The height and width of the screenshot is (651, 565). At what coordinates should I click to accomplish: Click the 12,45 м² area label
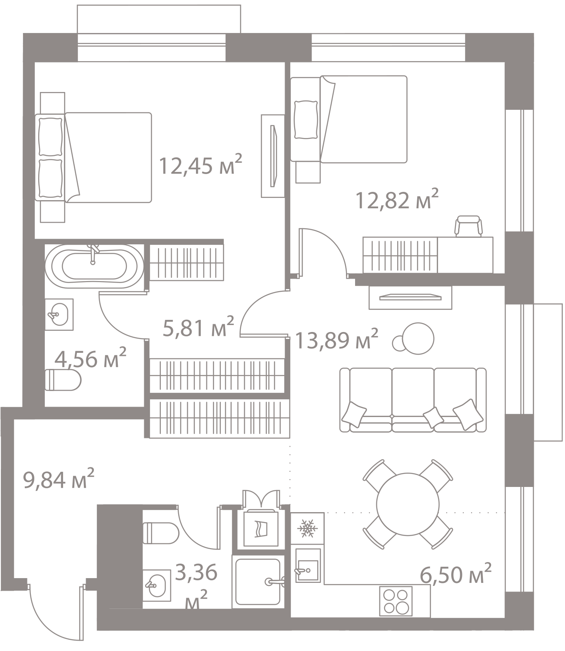coord(200,164)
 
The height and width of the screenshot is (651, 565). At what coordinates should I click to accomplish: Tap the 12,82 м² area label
coord(397,199)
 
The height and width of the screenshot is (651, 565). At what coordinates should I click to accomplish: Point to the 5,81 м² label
coord(199,327)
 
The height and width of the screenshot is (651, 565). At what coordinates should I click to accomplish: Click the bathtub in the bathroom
coord(94,266)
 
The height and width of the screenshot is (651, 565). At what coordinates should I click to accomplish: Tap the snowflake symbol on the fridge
coord(307,528)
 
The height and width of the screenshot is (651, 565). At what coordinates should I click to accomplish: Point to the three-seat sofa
coord(413,400)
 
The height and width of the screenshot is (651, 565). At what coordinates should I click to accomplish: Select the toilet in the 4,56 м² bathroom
coord(63,380)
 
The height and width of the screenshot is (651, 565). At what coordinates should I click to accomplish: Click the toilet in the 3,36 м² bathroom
coord(161,533)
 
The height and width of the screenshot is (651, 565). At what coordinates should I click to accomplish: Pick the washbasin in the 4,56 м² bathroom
coord(59,314)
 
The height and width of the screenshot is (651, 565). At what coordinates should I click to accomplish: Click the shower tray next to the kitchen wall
coord(258,582)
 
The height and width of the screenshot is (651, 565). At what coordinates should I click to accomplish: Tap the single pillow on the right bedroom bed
coord(306,119)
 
